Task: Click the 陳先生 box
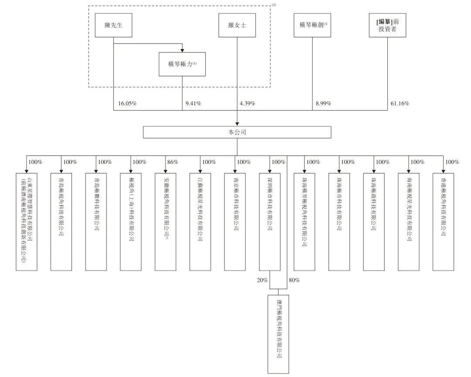pyautogui.click(x=113, y=25)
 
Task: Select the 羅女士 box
pyautogui.click(x=237, y=25)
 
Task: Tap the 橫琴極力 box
pyautogui.click(x=182, y=64)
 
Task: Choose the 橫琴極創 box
pyautogui.click(x=312, y=25)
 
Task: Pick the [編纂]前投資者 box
pyautogui.click(x=387, y=25)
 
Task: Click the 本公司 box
pyautogui.click(x=237, y=132)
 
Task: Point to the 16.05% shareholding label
pyautogui.click(x=127, y=104)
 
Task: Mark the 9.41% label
pyautogui.click(x=193, y=104)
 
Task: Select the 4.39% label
pyautogui.click(x=247, y=104)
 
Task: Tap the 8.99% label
pyautogui.click(x=323, y=104)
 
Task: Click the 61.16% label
pyautogui.click(x=399, y=104)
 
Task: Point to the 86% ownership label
pyautogui.click(x=173, y=162)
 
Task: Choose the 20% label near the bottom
pyautogui.click(x=263, y=280)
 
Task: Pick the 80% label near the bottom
pyautogui.click(x=294, y=280)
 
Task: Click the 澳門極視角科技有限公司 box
pyautogui.click(x=278, y=334)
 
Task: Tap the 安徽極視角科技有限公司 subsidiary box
pyautogui.click(x=165, y=222)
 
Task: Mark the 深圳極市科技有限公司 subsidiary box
pyautogui.click(x=270, y=222)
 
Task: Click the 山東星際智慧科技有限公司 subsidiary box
pyautogui.click(x=27, y=222)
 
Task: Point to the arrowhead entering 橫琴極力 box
pyautogui.click(x=182, y=51)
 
